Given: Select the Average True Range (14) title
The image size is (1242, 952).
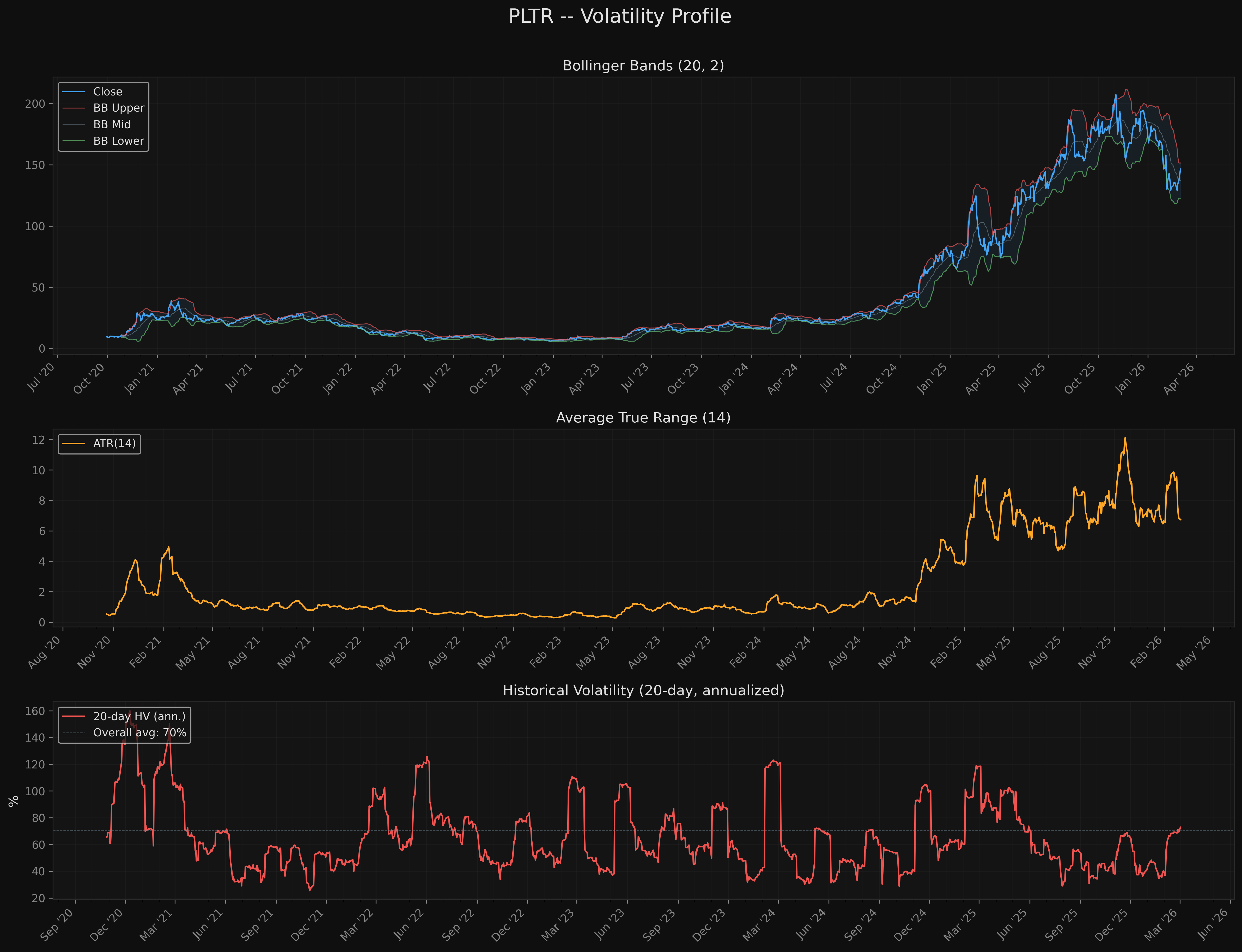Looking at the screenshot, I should tap(643, 418).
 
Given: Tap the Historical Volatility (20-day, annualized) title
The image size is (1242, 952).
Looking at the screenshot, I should tap(643, 690).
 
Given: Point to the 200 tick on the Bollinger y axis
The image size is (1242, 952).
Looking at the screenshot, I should tap(35, 104).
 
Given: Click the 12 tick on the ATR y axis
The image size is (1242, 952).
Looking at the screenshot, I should tap(39, 440).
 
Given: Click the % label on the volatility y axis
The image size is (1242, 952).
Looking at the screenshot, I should tap(14, 801).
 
